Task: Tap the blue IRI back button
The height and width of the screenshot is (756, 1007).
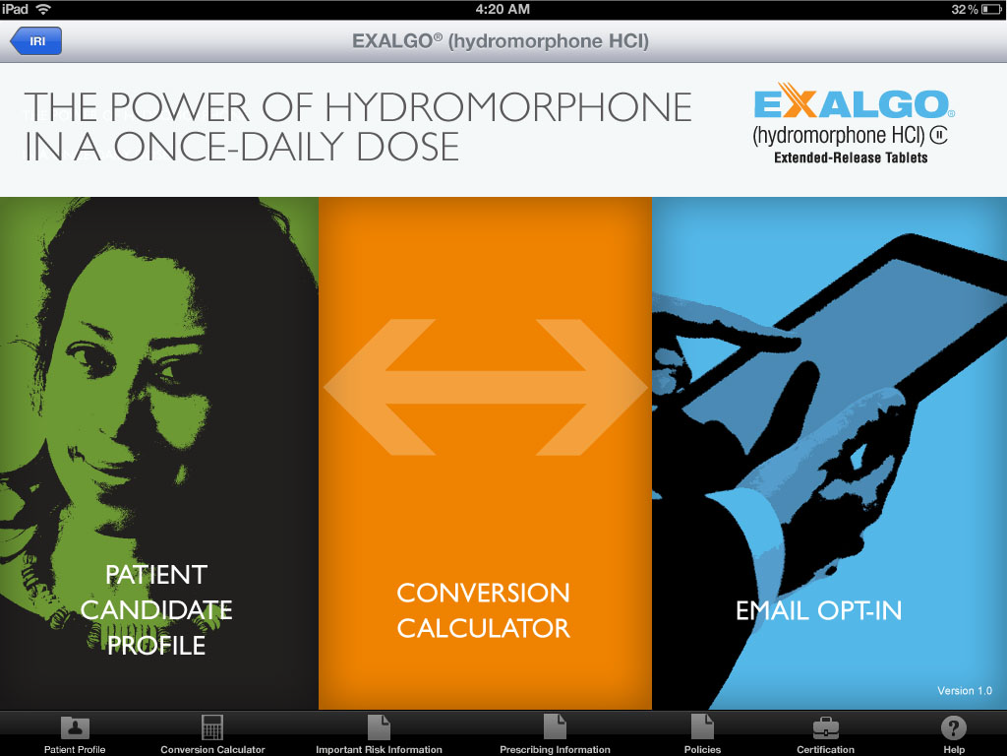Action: (x=36, y=41)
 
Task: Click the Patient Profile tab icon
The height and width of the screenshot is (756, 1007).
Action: (x=75, y=728)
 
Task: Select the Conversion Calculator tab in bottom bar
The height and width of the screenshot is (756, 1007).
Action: (x=212, y=728)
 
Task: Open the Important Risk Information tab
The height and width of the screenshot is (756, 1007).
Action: (x=379, y=728)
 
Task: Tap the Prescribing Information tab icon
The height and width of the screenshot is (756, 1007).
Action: (x=555, y=728)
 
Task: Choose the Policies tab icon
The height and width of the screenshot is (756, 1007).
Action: (x=702, y=728)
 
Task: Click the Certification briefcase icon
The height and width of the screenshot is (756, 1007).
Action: (x=825, y=728)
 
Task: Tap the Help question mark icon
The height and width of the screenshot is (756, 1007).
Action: (x=954, y=728)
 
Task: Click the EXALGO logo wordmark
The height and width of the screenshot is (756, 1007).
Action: (x=852, y=104)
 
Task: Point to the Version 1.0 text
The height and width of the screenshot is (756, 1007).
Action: (x=965, y=691)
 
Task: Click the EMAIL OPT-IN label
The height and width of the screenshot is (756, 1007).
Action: (x=818, y=610)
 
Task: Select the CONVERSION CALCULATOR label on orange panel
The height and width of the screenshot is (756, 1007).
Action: (x=483, y=610)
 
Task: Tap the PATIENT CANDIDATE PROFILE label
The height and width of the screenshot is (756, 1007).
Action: (x=156, y=609)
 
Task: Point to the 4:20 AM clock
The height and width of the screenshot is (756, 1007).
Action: (x=503, y=9)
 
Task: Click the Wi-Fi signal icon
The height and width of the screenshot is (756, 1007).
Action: (x=43, y=9)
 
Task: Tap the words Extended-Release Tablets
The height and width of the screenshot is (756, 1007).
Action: (x=851, y=157)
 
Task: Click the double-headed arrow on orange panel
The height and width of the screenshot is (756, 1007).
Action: (x=486, y=388)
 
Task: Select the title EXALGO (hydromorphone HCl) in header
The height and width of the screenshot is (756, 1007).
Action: (x=501, y=41)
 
